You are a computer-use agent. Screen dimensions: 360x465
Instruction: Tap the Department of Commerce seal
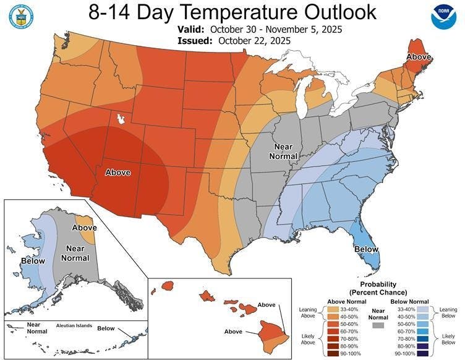tap(21, 16)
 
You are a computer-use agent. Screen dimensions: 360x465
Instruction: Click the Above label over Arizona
tap(118, 173)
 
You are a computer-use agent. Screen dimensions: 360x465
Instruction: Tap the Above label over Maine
tap(419, 58)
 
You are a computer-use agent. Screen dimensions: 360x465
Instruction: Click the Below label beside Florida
tap(366, 249)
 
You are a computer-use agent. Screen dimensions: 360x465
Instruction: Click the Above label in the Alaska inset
tap(84, 228)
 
